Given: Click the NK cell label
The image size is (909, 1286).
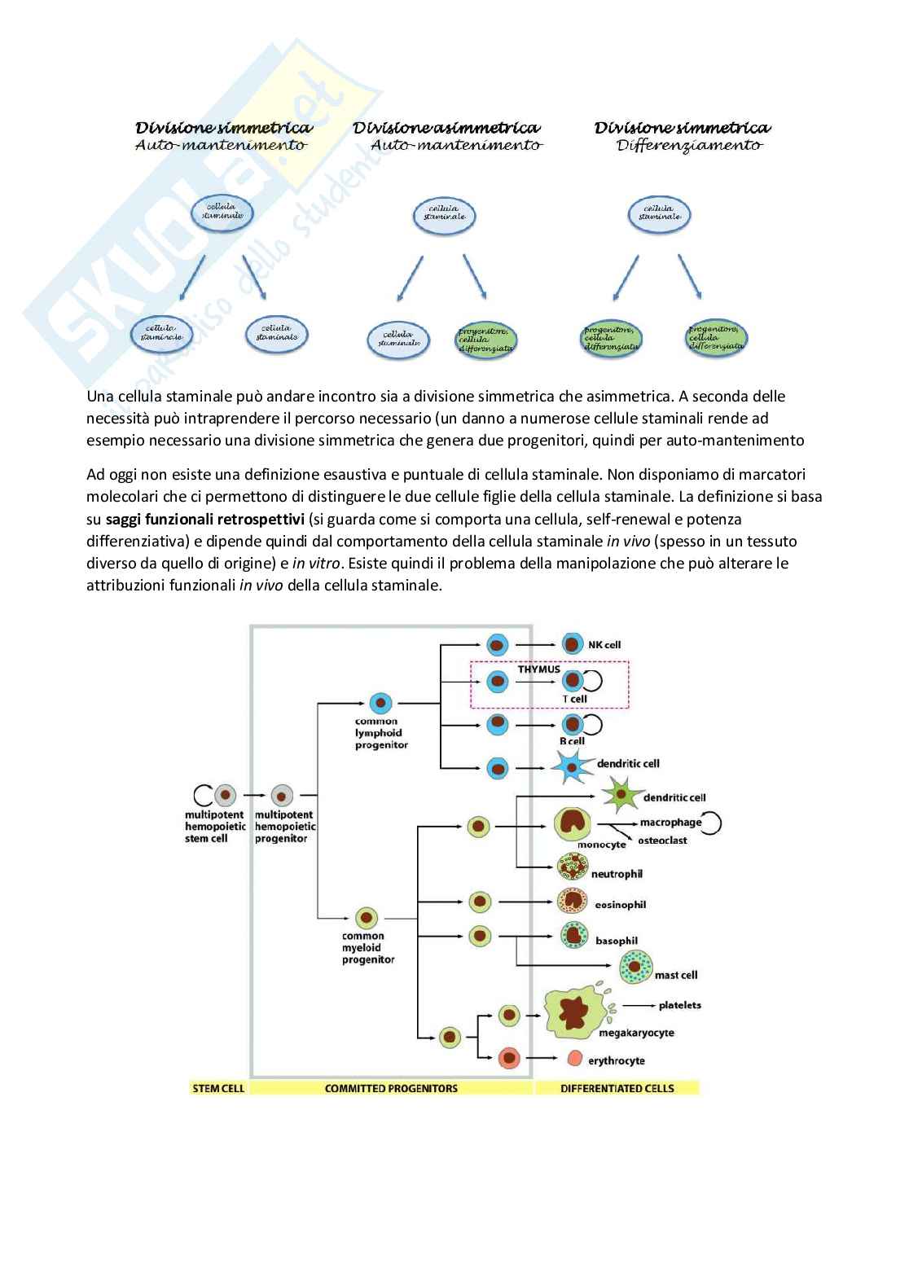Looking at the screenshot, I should (x=604, y=645).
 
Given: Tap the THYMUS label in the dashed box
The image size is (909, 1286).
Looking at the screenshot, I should (x=539, y=669).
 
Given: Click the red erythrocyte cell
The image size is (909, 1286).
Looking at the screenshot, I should (x=574, y=1059).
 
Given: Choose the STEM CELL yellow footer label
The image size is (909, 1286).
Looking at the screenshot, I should (x=217, y=1088).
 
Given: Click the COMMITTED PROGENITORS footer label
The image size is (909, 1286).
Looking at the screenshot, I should (x=391, y=1088).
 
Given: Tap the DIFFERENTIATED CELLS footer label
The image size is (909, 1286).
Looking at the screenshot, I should (x=617, y=1088).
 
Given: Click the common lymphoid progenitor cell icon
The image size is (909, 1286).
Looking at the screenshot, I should (x=380, y=703).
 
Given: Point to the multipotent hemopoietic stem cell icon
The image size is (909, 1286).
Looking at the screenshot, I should (x=226, y=795).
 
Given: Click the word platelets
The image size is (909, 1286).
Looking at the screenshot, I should (x=679, y=1005).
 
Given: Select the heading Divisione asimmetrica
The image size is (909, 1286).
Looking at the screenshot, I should (x=446, y=128).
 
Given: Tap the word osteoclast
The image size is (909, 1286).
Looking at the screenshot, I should (x=662, y=841).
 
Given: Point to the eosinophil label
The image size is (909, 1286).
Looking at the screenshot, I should (x=620, y=904).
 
